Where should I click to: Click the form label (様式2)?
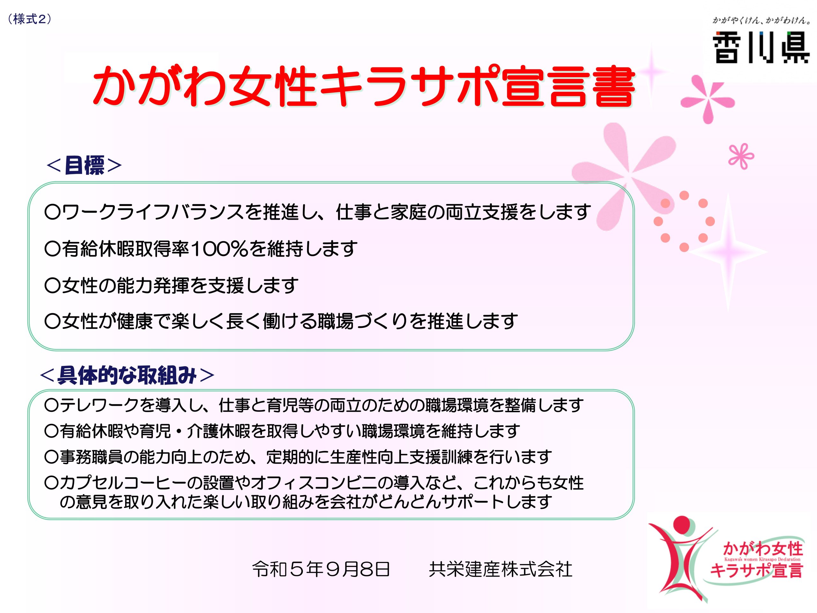[x=30, y=19]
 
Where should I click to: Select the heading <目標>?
[x=84, y=165]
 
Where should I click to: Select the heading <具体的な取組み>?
[x=127, y=375]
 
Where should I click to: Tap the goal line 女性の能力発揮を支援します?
[x=171, y=285]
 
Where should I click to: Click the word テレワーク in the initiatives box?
[x=99, y=405]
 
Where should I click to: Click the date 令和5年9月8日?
[x=321, y=569]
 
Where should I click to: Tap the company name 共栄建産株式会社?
[x=501, y=569]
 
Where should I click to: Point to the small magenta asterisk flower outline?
[x=741, y=156]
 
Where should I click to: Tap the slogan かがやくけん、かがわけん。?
[x=761, y=20]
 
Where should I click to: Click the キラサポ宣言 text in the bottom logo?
[x=757, y=570]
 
